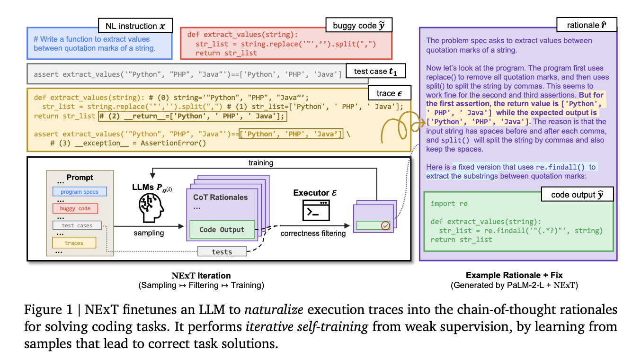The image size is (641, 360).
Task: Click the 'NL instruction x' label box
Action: pyautogui.click(x=135, y=26)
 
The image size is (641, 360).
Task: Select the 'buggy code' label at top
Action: pyautogui.click(x=359, y=26)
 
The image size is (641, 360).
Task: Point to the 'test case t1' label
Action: pyautogui.click(x=376, y=72)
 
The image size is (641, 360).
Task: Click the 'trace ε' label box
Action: pyautogui.click(x=389, y=94)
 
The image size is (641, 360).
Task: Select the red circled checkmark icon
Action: pyautogui.click(x=386, y=226)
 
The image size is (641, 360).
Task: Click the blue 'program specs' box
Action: pyautogui.click(x=80, y=192)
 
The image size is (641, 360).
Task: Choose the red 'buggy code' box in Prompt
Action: pyautogui.click(x=75, y=208)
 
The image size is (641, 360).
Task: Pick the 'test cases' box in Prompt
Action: pyautogui.click(x=77, y=225)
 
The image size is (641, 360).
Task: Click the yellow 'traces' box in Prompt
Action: pyautogui.click(x=74, y=243)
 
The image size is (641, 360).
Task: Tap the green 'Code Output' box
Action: pyautogui.click(x=222, y=230)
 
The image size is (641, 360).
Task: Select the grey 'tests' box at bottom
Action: pyautogui.click(x=222, y=252)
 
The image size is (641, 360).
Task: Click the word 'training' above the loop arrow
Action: pyautogui.click(x=261, y=162)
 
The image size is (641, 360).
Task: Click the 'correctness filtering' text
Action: pyautogui.click(x=313, y=233)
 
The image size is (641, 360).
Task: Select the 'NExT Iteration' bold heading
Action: pyautogui.click(x=201, y=276)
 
